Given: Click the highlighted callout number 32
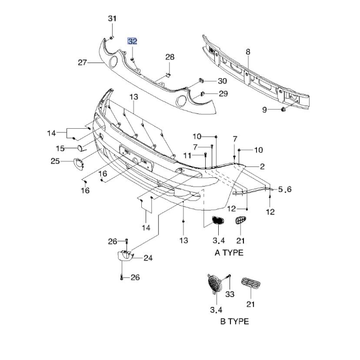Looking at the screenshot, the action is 132,41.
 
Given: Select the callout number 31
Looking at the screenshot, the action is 112,18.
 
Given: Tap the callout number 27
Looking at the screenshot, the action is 82,63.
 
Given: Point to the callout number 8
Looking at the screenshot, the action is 248,52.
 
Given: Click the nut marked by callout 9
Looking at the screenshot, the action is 283,109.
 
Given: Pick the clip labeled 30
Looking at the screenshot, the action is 201,80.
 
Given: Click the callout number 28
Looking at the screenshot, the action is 170,57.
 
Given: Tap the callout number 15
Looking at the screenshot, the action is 60,148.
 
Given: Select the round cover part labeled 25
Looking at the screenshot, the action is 78,164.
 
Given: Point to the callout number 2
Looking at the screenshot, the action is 262,166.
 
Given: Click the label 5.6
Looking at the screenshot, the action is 285,189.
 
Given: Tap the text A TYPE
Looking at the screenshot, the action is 229,253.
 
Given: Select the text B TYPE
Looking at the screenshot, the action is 234,321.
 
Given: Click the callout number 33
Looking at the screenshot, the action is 230,294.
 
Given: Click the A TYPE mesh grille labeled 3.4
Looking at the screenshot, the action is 217,220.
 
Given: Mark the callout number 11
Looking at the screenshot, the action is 187,156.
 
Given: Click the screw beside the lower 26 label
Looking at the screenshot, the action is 121,278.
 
